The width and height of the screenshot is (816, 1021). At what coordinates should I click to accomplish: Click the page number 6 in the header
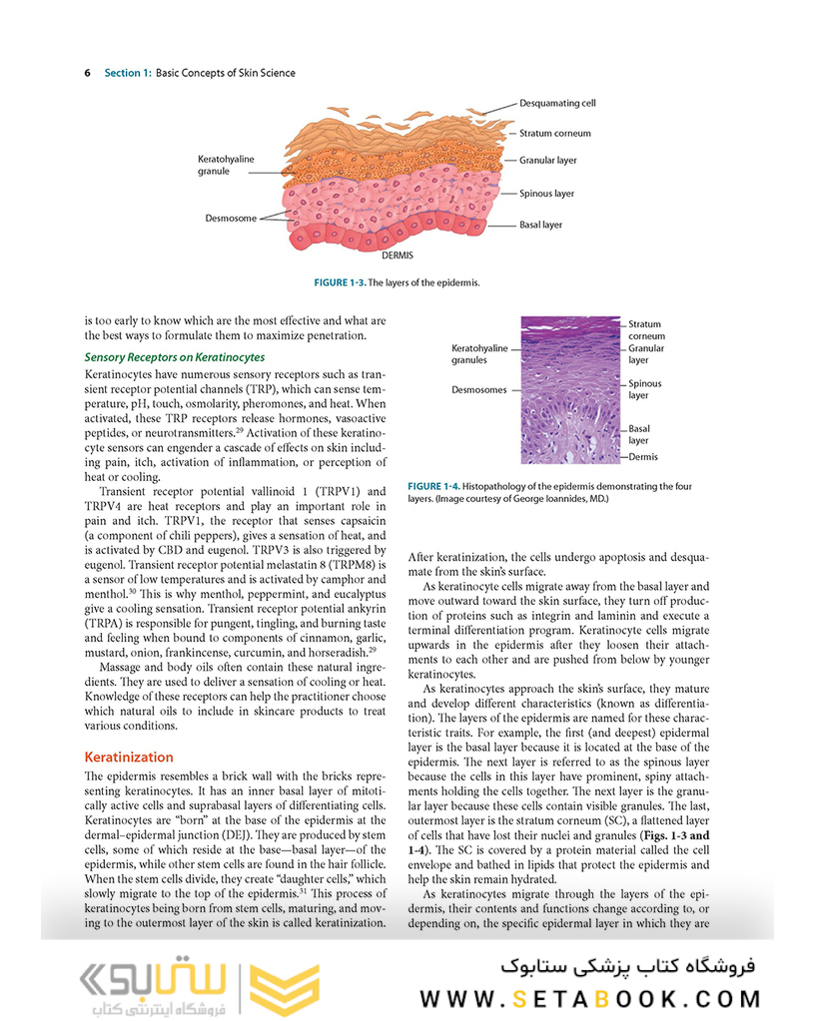pos(88,73)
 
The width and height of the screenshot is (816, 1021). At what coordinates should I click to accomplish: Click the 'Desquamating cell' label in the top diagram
pos(557,103)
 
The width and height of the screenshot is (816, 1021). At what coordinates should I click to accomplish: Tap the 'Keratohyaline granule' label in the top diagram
pos(226,165)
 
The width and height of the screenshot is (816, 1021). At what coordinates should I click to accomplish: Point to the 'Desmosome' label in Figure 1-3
pos(231,218)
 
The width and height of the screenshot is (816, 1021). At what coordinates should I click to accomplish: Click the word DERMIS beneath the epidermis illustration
pos(398,255)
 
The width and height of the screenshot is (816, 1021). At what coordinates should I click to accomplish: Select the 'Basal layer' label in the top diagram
pos(540,225)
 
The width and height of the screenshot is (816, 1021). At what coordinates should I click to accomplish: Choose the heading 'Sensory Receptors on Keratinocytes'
pos(174,356)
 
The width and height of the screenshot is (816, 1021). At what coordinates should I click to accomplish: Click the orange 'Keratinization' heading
pos(129,757)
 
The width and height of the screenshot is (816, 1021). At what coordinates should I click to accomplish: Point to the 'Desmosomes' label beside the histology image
pos(479,390)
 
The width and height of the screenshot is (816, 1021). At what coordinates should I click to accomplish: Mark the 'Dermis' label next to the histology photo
pos(643,456)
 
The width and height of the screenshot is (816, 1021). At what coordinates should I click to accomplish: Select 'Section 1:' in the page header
pos(128,73)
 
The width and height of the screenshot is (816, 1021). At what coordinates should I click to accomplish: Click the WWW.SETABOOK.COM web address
pos(589,998)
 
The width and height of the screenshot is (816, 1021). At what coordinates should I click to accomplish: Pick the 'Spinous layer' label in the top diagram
pos(546,194)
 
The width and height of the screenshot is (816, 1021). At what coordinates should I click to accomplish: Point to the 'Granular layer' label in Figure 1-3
pos(547,160)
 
